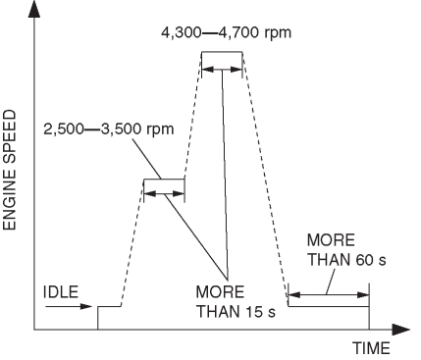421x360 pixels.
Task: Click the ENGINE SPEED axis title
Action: (10, 170)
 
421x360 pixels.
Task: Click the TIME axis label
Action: (371, 348)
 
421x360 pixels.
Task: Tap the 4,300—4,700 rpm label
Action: (226, 32)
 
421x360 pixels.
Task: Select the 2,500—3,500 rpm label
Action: (109, 129)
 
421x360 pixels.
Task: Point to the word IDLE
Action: (61, 291)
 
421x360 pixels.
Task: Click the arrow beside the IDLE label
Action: (69, 306)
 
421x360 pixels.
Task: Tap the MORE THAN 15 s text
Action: (236, 302)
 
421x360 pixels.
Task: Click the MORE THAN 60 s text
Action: (346, 250)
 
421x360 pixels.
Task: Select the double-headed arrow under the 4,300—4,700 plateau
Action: (222, 70)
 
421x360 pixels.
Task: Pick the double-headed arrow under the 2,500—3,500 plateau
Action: (164, 194)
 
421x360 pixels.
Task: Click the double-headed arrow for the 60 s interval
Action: (329, 295)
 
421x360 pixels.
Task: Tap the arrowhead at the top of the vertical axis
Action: (34, 9)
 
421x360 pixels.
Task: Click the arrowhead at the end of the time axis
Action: (400, 330)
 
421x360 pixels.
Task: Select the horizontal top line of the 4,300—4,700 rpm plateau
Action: (222, 52)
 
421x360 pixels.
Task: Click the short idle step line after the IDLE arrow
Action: (109, 306)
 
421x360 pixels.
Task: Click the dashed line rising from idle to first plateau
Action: (132, 242)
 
